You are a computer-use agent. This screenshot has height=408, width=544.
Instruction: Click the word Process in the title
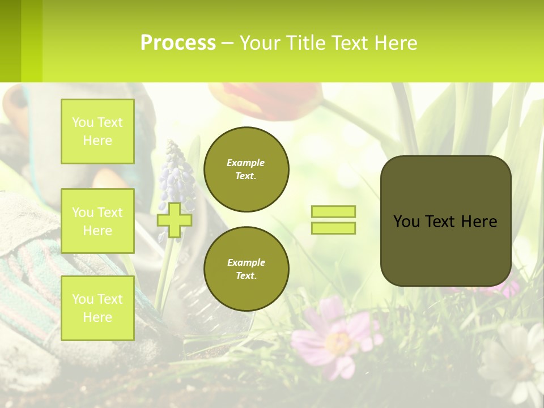tap(178, 43)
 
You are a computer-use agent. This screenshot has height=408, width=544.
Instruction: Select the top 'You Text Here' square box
tap(97, 131)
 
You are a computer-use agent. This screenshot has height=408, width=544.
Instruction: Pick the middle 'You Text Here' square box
tap(97, 221)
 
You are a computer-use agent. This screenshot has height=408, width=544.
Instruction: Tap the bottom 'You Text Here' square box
tap(97, 308)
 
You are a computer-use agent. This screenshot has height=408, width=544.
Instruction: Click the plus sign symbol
tap(175, 220)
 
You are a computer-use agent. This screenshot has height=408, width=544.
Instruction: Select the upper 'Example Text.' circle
tap(246, 169)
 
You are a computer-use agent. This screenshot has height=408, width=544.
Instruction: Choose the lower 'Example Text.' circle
tap(246, 269)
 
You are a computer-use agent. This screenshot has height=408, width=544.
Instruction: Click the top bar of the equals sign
tap(334, 211)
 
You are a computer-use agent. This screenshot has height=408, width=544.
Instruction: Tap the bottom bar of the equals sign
tap(334, 228)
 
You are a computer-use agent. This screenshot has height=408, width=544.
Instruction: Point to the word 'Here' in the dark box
tap(479, 222)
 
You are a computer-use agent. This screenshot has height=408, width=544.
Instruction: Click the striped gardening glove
tap(34, 272)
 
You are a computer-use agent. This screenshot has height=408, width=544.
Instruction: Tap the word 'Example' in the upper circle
tap(246, 163)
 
